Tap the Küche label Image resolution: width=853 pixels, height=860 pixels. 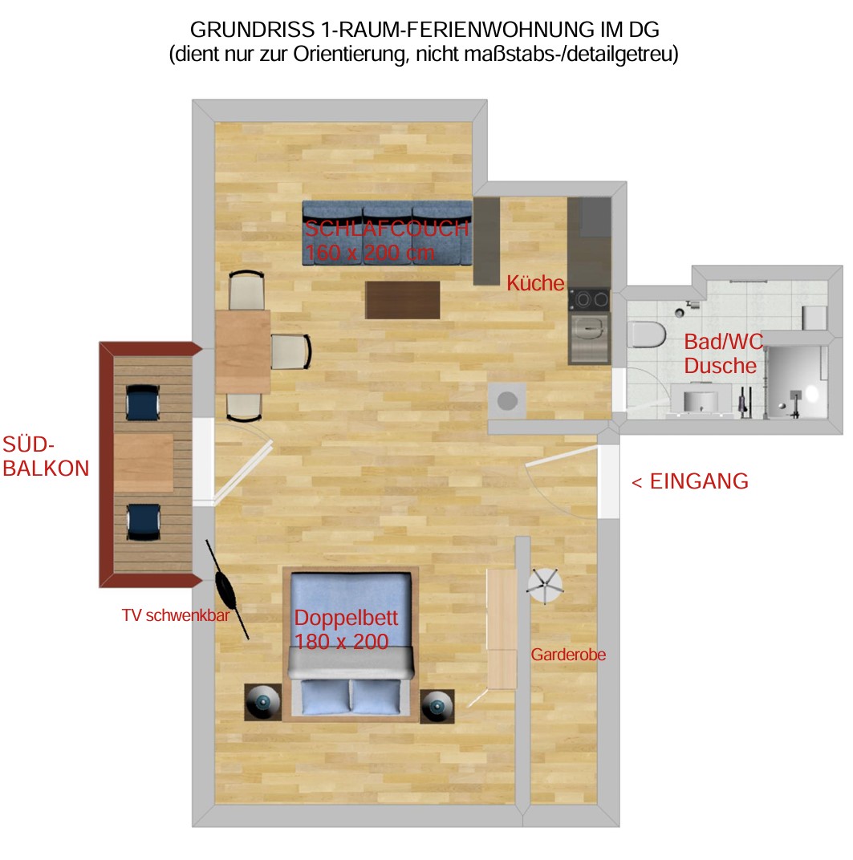pyautogui.click(x=535, y=283)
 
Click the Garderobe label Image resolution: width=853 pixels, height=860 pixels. pyautogui.click(x=568, y=655)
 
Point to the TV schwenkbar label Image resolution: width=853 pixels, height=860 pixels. pyautogui.click(x=176, y=615)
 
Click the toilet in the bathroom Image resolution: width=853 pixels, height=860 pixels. pyautogui.click(x=647, y=335)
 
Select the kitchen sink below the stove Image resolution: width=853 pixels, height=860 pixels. pyautogui.click(x=590, y=332)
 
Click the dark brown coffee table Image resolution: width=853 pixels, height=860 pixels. pyautogui.click(x=403, y=300)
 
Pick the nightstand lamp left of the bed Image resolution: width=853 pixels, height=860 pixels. pyautogui.click(x=262, y=702)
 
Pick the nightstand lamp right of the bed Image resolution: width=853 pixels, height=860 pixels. pyautogui.click(x=437, y=707)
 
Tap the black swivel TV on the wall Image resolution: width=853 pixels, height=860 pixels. pyautogui.click(x=226, y=589)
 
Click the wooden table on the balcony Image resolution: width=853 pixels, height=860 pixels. pyautogui.click(x=144, y=463)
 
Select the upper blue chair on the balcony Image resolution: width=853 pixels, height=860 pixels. pyautogui.click(x=143, y=403)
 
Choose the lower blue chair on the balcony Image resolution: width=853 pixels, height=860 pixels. pyautogui.click(x=144, y=523)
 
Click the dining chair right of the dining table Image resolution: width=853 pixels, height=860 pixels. pyautogui.click(x=291, y=351)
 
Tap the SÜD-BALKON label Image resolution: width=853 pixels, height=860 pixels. pyautogui.click(x=46, y=456)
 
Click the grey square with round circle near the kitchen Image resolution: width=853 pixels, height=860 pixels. pyautogui.click(x=507, y=401)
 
